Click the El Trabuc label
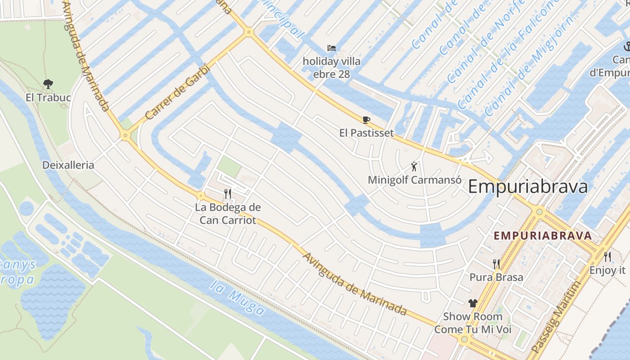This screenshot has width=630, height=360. (48, 98)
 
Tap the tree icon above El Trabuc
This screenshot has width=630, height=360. (48, 84)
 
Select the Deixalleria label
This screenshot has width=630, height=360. (68, 165)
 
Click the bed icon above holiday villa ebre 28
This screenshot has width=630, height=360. (332, 48)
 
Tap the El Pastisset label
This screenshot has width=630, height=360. (366, 133)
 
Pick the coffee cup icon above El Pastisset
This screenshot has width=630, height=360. (366, 120)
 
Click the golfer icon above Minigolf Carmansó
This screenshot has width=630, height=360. (414, 166)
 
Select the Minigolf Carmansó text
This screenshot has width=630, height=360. (414, 180)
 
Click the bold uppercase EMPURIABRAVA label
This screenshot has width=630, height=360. (543, 235)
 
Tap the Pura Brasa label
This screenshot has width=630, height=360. (496, 277)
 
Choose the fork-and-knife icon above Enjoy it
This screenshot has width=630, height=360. (607, 257)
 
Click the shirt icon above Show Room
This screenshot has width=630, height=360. (472, 303)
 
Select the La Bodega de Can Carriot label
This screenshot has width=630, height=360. (228, 214)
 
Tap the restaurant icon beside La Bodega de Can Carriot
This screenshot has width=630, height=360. (228, 194)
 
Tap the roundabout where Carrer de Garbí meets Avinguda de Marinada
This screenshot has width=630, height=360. (125, 135)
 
